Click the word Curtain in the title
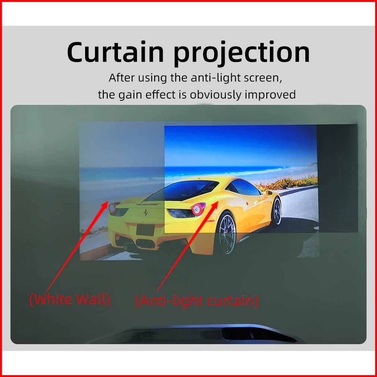pos(115,52)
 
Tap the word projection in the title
pos(242,53)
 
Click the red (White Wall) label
pos(69,300)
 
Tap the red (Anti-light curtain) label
pos(196,301)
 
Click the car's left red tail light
pos(112,208)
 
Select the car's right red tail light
pos(197,209)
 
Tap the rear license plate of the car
pos(145,230)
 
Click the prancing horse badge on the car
pos(146,213)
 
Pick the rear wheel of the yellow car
pos(226,233)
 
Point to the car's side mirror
pos(269,193)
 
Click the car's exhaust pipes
pos(145,244)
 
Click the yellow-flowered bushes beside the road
pos(287,183)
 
